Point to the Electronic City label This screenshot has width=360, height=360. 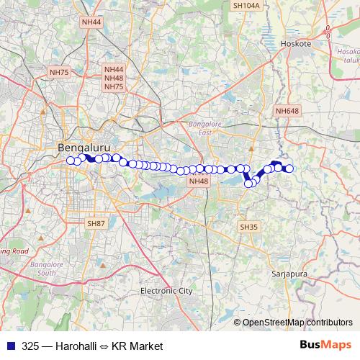coord(166,291)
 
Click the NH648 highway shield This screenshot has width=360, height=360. coord(286,110)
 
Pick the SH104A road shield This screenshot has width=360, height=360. coord(246,5)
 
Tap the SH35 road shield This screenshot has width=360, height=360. coord(248,227)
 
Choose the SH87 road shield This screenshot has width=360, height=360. coord(96,225)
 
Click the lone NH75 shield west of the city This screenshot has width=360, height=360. coord(59,72)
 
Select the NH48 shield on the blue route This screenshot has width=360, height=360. coord(198,181)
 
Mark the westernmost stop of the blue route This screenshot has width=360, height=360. coord(71,161)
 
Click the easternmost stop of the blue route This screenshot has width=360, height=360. coord(289,168)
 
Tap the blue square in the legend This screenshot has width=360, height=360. coord(9,346)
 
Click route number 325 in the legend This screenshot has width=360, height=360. coord(31,346)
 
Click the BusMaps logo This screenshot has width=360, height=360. coord(325,345)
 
